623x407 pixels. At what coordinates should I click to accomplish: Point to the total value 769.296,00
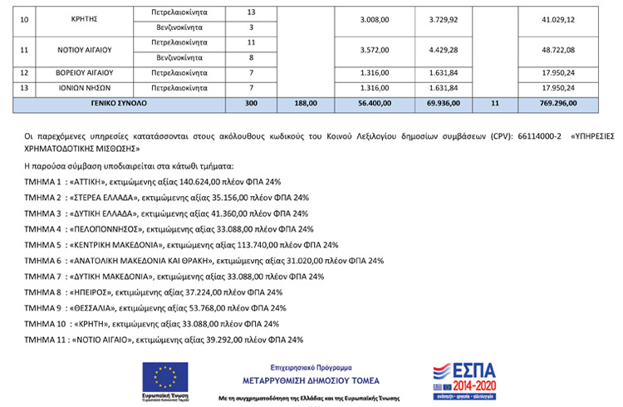click(557, 103)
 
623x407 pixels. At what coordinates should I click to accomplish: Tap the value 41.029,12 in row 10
click(557, 20)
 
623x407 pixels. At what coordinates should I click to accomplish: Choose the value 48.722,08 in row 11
click(557, 50)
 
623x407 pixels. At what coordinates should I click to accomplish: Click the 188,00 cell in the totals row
click(306, 103)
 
